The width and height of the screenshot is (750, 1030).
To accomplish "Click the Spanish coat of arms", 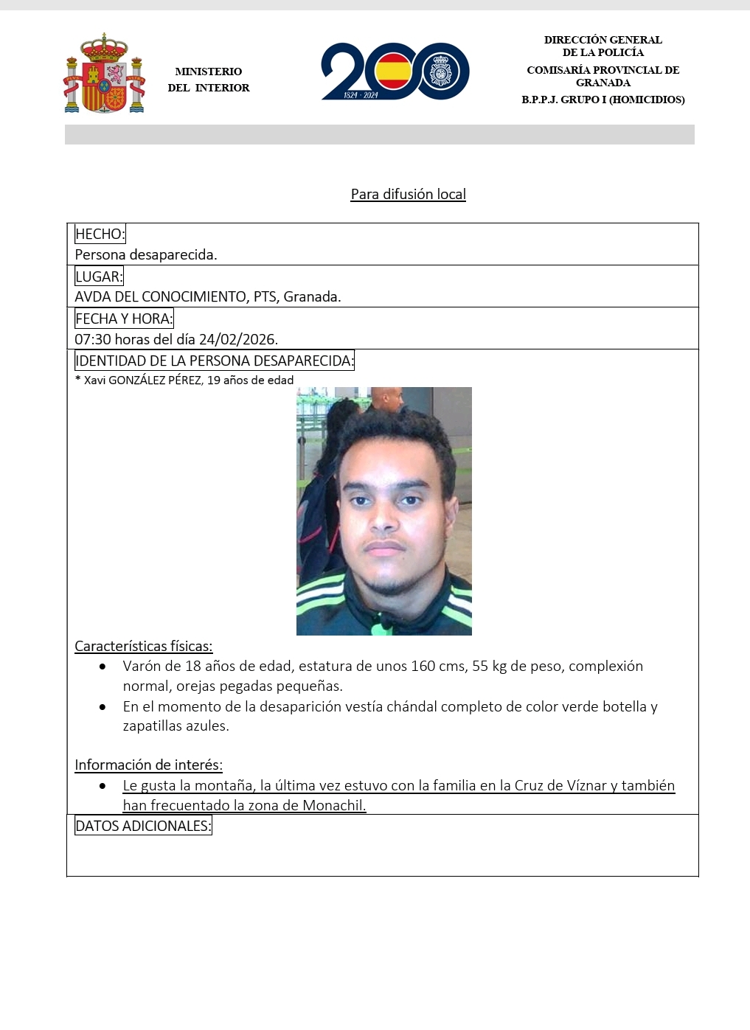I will click(x=104, y=74).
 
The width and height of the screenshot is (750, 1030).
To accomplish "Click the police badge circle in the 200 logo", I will click(x=444, y=72).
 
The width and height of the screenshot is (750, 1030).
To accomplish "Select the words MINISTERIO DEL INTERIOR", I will click(x=209, y=80).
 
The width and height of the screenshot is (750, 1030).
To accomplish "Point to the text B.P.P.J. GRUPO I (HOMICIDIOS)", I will click(x=603, y=100).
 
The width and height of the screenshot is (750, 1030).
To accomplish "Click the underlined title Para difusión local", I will click(x=408, y=194).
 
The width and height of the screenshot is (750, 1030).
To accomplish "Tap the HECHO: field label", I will click(x=100, y=234).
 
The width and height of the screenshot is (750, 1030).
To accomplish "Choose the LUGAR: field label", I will click(x=99, y=276).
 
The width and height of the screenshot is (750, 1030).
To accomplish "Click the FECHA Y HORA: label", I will click(x=124, y=319).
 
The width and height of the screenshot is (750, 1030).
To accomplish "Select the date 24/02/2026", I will click(x=237, y=340).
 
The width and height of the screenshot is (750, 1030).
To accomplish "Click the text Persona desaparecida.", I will click(x=146, y=255).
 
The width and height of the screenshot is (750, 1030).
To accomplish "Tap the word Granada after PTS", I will click(x=311, y=297).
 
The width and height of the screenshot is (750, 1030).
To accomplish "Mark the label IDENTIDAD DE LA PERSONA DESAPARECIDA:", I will click(x=214, y=361).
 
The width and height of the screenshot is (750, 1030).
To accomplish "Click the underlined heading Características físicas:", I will click(x=144, y=647).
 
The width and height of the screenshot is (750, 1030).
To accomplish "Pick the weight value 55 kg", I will click(x=491, y=667).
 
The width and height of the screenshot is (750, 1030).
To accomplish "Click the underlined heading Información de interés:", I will click(x=148, y=765).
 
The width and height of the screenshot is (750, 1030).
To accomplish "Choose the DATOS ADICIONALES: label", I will click(x=143, y=826).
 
